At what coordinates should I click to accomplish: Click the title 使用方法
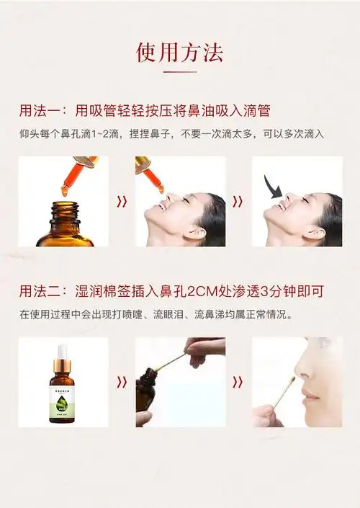coord(179,52)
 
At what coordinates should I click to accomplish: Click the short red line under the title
coord(179,72)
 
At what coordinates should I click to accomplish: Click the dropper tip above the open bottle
coord(64,189)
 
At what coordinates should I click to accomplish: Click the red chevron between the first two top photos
coord(122,202)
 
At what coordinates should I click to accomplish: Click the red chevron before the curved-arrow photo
coord(238,202)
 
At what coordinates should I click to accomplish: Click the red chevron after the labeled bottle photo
coord(122,382)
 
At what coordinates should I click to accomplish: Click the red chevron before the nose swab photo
coord(238,382)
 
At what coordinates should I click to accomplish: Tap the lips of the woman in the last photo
coord(310,396)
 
